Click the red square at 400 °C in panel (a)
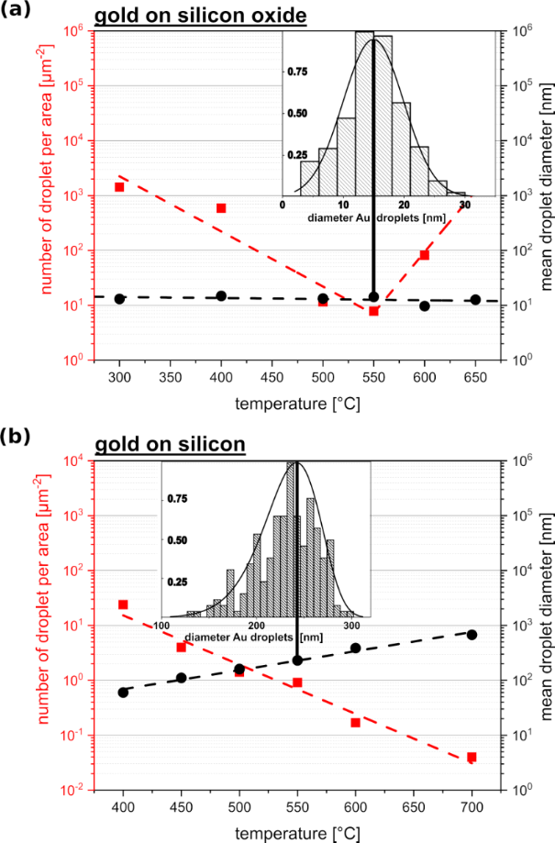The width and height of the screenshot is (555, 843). (221, 208)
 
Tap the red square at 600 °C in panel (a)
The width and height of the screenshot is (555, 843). (424, 255)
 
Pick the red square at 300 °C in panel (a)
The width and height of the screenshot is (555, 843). (119, 187)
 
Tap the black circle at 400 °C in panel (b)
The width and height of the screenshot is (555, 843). (123, 693)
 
